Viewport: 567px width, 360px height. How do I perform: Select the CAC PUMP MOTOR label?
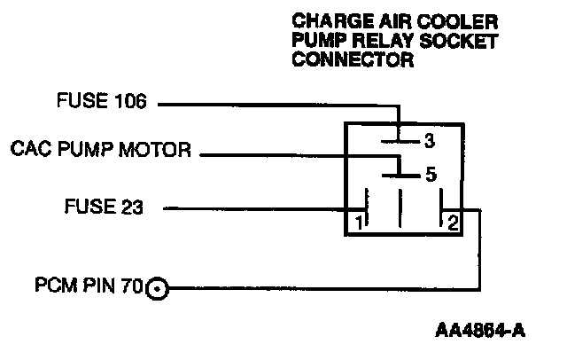coord(101,149)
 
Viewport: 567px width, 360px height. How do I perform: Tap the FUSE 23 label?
coord(104,208)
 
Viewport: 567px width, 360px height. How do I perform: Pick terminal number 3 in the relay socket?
coord(429,140)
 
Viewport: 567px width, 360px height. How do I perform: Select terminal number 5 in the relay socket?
coord(431,175)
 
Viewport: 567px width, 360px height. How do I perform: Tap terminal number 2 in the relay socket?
coord(452,223)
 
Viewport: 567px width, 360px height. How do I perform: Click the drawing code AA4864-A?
coord(481,333)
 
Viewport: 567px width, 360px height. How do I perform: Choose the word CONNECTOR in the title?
coord(352,62)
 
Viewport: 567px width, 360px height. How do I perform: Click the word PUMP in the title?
coord(315,42)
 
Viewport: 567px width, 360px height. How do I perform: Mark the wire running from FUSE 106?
coord(275,105)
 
